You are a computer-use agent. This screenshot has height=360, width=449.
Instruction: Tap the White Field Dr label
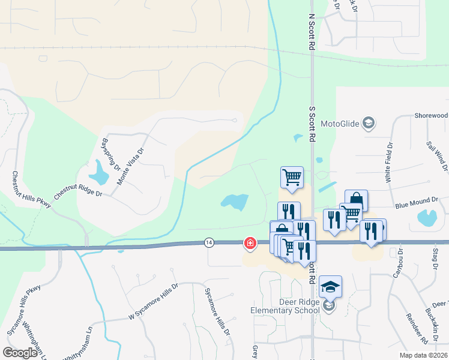[x=390, y=162]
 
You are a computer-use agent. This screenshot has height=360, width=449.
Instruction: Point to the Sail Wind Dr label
[x=437, y=157]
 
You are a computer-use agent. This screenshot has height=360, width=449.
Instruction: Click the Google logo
[x=20, y=353]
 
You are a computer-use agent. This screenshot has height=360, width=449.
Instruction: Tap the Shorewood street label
[x=431, y=115]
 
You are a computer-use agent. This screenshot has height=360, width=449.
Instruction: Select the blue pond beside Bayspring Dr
[x=98, y=173]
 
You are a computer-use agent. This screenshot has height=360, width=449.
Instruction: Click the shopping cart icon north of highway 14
[x=292, y=177]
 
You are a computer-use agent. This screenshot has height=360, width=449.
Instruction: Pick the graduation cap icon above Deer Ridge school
[x=330, y=286]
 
